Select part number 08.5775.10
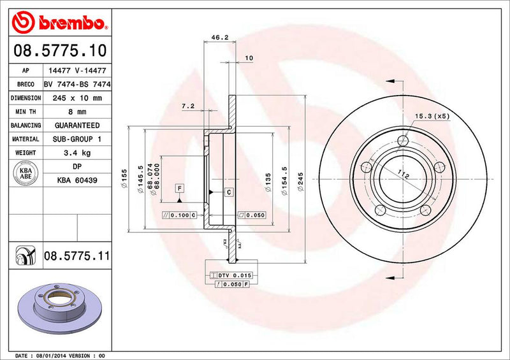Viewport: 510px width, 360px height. (58, 50)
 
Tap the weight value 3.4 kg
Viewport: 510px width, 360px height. (76, 153)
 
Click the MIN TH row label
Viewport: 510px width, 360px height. (26, 112)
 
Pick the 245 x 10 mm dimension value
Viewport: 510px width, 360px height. (76, 98)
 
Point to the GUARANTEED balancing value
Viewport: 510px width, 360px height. (76, 126)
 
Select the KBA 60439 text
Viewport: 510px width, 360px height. (76, 181)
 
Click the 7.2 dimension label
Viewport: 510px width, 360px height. (187, 105)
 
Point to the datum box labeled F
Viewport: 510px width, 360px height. (180, 188)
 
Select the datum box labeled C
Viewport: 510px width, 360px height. (228, 192)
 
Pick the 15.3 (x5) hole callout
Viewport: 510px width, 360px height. (432, 116)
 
